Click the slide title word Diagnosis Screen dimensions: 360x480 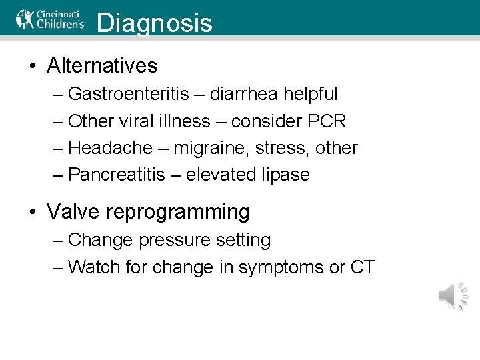155,23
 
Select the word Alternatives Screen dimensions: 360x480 102,65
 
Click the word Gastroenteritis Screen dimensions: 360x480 129,94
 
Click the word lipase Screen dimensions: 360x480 285,175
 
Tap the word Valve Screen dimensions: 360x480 73,212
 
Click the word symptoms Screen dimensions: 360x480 281,268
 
